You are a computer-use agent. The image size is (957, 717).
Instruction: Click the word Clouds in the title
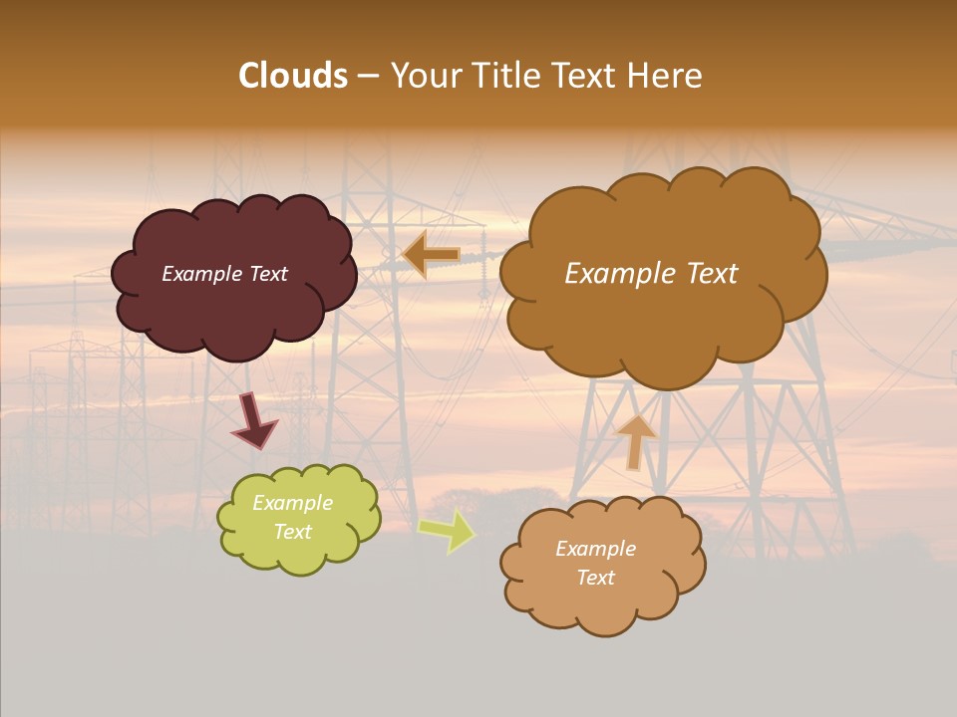pyautogui.click(x=293, y=76)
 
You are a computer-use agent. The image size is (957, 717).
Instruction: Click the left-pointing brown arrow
pyautogui.click(x=431, y=255)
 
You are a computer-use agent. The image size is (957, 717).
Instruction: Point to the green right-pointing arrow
pyautogui.click(x=447, y=530)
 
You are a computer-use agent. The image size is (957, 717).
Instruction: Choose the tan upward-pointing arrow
pyautogui.click(x=635, y=440)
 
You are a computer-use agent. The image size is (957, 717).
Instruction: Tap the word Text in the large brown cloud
pyautogui.click(x=705, y=274)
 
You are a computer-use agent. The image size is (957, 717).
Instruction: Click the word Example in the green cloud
pyautogui.click(x=292, y=503)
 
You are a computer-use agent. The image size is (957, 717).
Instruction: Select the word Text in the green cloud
pyautogui.click(x=292, y=532)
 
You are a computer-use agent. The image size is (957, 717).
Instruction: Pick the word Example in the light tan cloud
pyautogui.click(x=595, y=549)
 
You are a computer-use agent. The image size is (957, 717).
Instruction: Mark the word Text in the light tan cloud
pyautogui.click(x=595, y=578)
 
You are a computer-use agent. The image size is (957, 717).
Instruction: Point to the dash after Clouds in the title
pyautogui.click(x=368, y=76)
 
